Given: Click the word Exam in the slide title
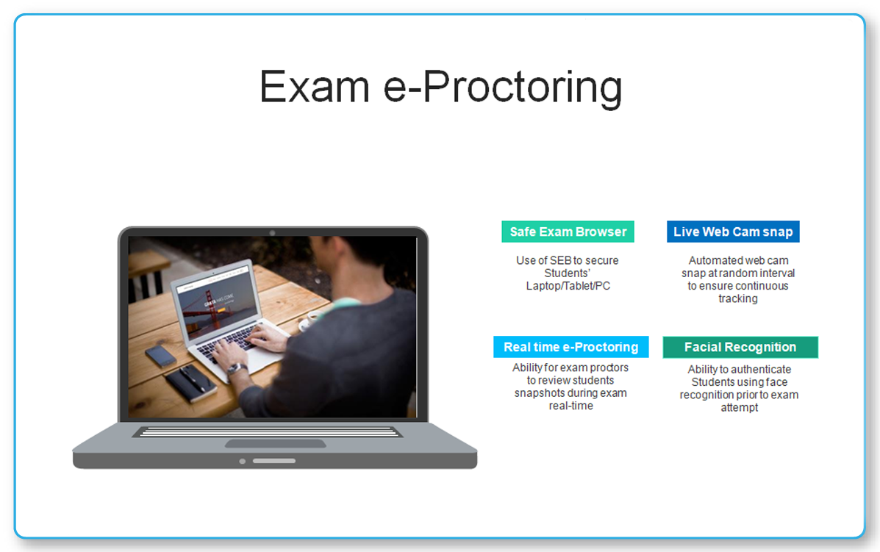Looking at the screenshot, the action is (315, 87).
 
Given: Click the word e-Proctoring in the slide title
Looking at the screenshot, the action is (503, 87).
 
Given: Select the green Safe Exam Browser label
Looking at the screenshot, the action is (568, 232).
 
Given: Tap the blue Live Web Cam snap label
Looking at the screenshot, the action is (733, 232).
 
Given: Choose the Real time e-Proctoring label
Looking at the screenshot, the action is (570, 347).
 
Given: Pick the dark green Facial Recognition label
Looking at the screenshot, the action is (740, 347).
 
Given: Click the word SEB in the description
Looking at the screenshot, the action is (560, 260).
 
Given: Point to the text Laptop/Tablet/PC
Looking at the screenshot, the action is (568, 286).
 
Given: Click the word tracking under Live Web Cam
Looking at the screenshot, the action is (738, 299).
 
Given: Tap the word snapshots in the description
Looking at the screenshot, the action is (540, 393).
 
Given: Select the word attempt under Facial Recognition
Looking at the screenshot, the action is (739, 408).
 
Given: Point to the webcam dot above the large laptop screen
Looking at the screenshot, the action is (272, 233).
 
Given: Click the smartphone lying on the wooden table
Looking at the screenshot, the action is (160, 356).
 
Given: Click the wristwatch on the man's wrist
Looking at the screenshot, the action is (236, 369).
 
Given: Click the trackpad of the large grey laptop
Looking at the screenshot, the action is (276, 444).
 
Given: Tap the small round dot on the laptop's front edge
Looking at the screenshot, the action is (243, 462).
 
